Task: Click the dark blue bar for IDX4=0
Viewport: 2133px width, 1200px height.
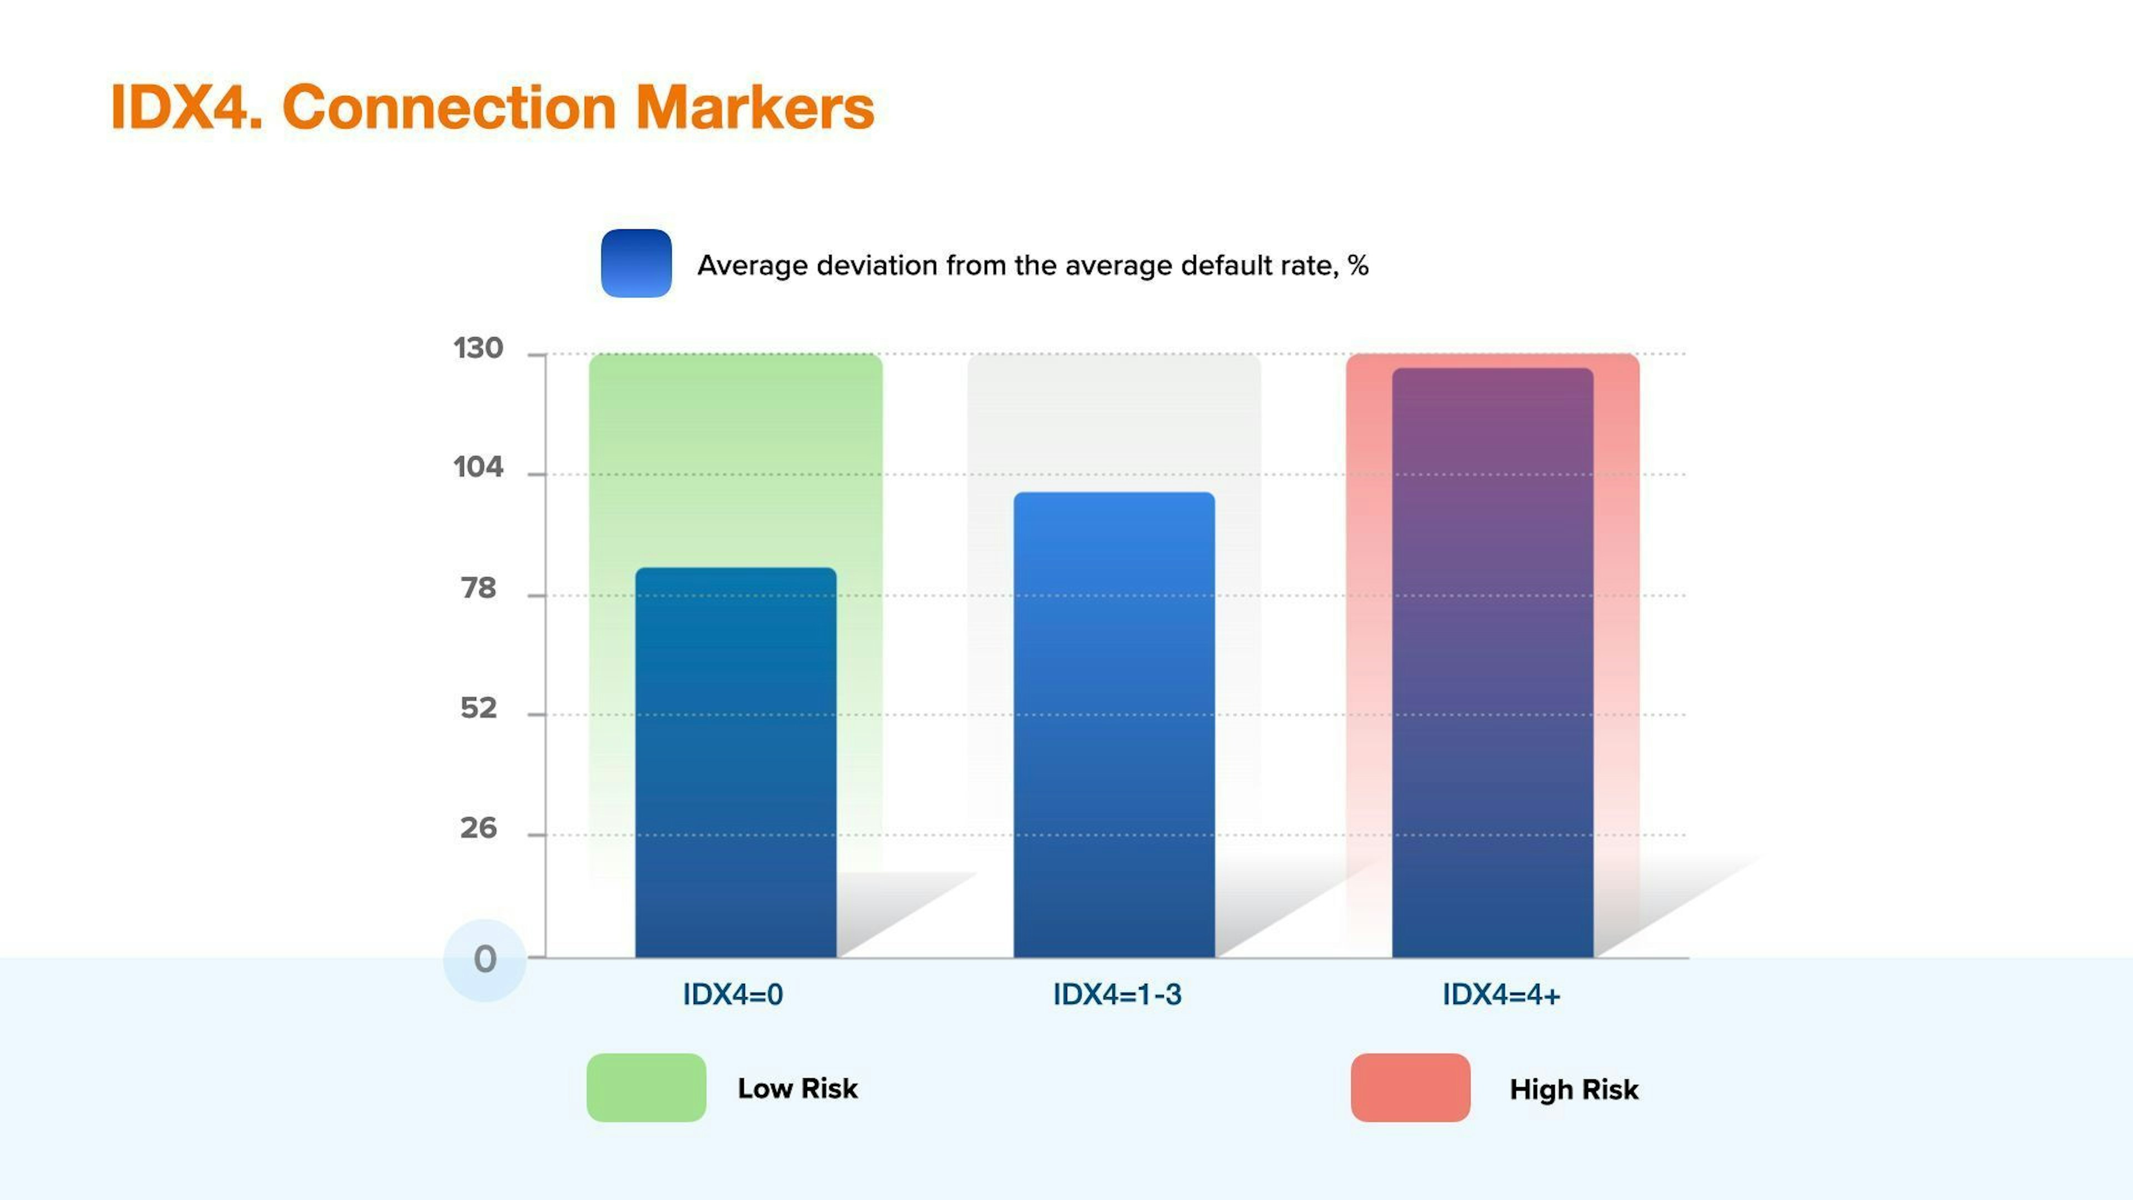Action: point(735,762)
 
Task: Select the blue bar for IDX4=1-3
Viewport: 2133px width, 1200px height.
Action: point(1114,724)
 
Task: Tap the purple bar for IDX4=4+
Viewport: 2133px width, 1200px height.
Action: point(1492,663)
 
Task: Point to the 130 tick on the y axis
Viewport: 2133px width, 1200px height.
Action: point(478,349)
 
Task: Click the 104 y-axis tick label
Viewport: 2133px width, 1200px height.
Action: point(478,468)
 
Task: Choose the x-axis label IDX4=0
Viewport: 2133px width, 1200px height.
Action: point(733,994)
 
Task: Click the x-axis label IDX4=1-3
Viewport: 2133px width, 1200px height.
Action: point(1117,994)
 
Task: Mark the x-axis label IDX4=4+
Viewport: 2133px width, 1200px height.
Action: point(1501,994)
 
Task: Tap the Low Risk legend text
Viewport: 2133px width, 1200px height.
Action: point(798,1088)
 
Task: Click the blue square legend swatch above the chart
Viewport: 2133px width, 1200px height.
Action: point(636,263)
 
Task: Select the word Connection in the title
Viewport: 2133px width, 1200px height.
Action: point(449,108)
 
